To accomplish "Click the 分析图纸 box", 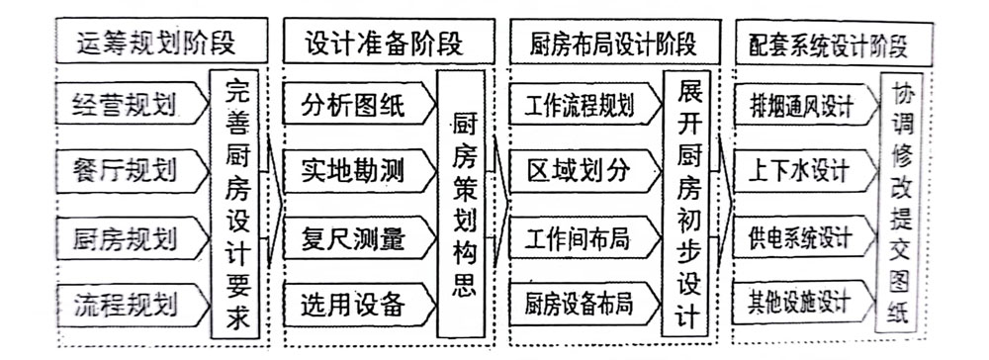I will pyautogui.click(x=353, y=103).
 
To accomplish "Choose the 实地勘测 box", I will pyautogui.click(x=353, y=171).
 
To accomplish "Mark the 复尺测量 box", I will pyautogui.click(x=353, y=237).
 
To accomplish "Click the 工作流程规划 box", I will pyautogui.click(x=582, y=103).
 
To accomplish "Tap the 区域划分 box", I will pyautogui.click(x=582, y=171).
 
